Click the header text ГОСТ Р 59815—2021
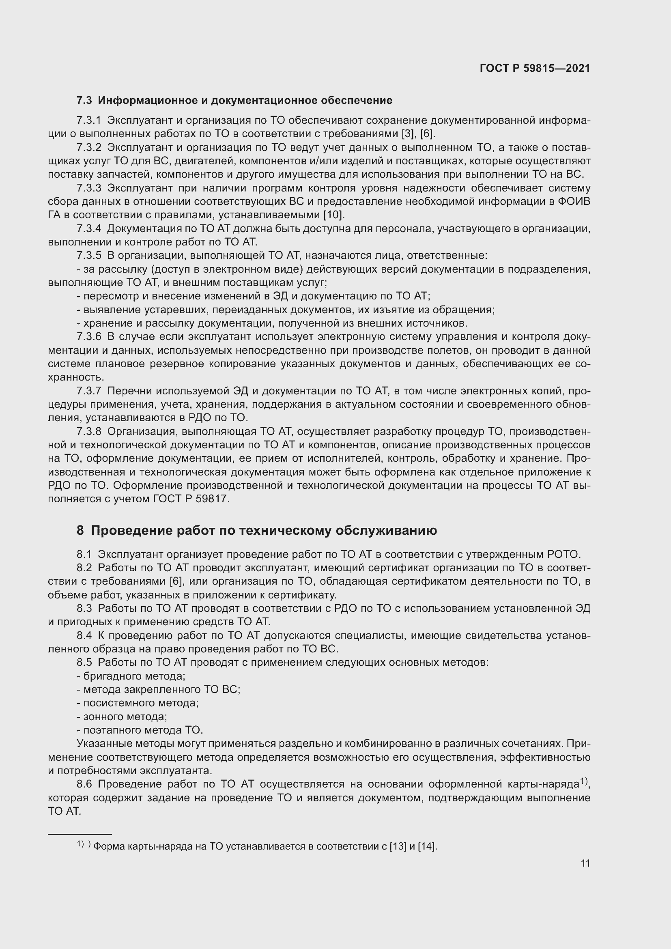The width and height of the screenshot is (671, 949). coord(535,68)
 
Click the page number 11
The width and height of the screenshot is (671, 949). coord(585,863)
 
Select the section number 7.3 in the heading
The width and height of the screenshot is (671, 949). coord(84,101)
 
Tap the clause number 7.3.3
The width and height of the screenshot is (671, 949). coord(89,188)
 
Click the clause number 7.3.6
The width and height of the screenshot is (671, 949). coord(89,337)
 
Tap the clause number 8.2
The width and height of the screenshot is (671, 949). coord(84,568)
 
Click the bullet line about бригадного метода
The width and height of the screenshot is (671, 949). coord(131,676)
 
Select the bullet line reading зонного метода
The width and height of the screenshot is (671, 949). coord(122,717)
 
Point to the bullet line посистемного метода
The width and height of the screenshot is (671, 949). coord(138,703)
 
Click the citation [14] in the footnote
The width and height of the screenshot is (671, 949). coord(427,846)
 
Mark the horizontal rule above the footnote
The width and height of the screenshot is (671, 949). coord(80,834)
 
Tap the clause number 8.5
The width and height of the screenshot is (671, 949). coord(84,663)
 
